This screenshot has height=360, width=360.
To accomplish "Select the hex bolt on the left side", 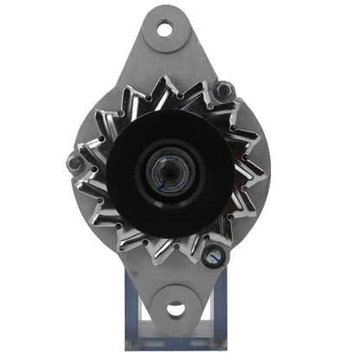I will tap(75, 160).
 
